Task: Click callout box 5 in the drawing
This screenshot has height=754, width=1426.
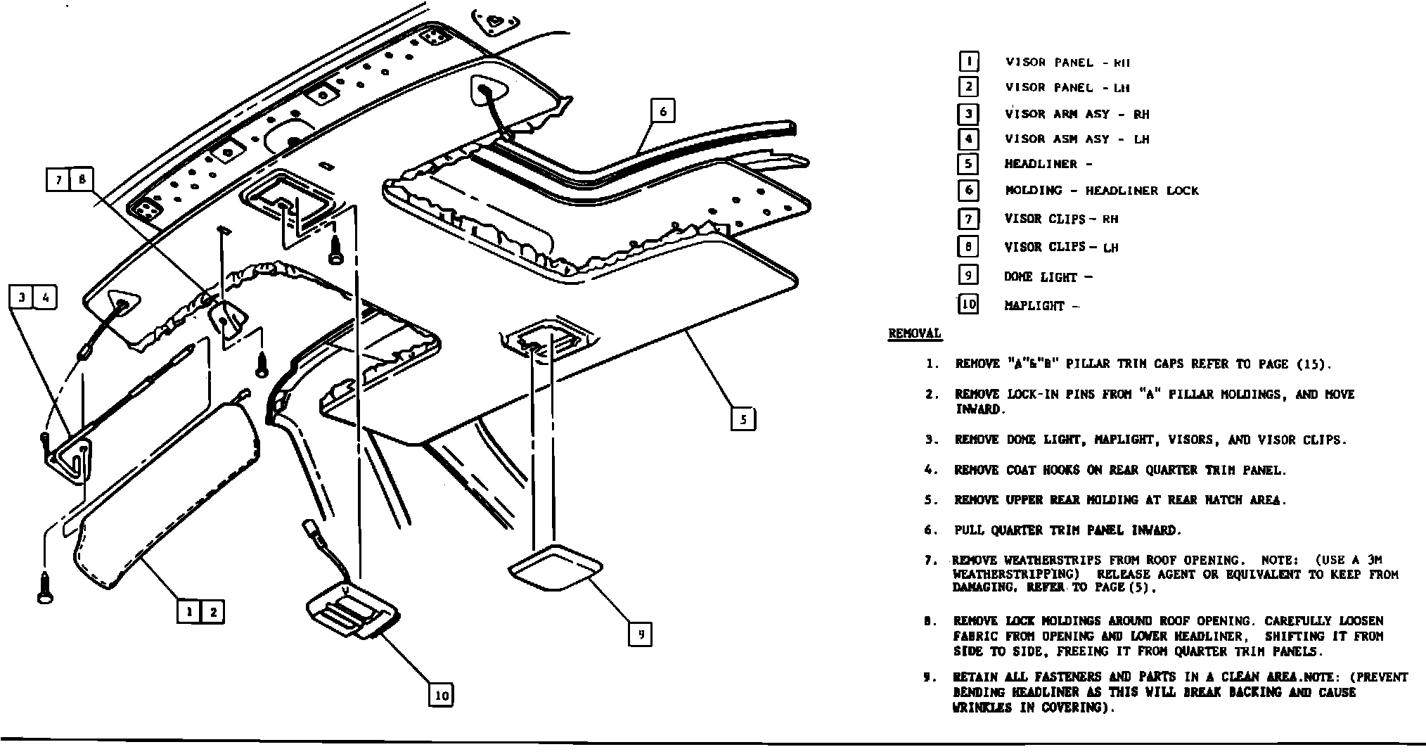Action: (743, 420)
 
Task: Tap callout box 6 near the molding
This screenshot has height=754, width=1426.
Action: (662, 110)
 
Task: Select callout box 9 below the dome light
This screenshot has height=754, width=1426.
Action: (640, 634)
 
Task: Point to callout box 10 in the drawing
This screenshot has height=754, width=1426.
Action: (441, 696)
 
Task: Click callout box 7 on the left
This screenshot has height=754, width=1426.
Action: (59, 180)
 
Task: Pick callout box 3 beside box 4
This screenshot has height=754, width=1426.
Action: (22, 298)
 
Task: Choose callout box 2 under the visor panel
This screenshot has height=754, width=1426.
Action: (213, 612)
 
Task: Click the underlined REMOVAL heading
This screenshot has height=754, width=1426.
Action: (914, 333)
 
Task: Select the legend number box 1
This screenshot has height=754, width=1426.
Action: (968, 62)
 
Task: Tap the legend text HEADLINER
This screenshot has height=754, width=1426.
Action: (1040, 164)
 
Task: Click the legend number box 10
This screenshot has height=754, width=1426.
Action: (968, 305)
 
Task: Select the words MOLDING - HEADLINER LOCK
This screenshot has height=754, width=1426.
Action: (1101, 191)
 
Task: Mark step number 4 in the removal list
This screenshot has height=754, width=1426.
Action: (931, 470)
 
